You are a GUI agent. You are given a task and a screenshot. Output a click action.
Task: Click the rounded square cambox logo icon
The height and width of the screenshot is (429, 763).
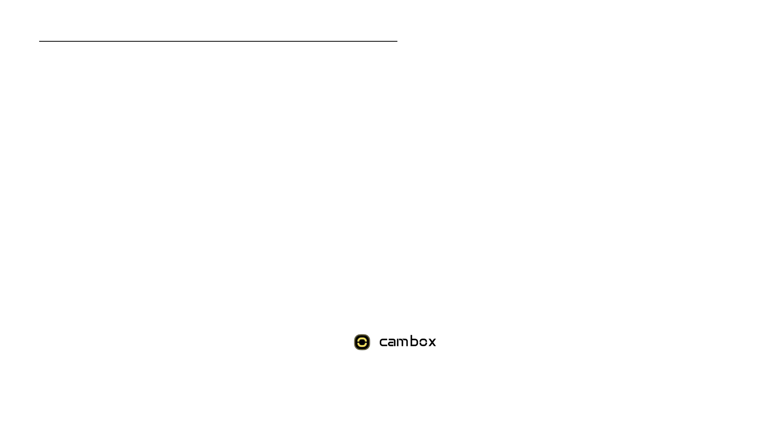[x=362, y=342]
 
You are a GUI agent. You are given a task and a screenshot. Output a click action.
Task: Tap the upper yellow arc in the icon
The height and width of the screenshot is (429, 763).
[x=362, y=338]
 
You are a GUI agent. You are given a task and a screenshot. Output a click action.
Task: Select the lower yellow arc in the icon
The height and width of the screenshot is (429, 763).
[x=362, y=346]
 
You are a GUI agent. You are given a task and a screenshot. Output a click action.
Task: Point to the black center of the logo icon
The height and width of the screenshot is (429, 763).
[x=362, y=342]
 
